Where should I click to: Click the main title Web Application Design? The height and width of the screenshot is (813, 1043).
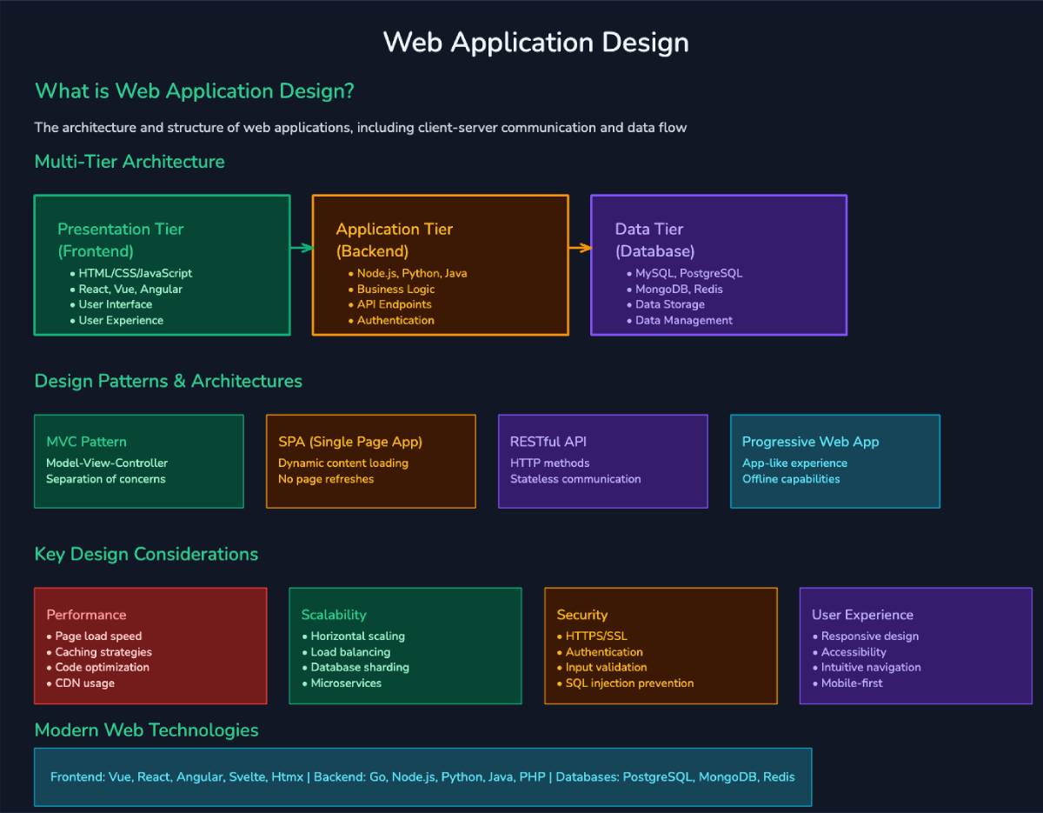(x=535, y=43)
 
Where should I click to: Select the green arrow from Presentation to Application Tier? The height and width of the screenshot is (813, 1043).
(x=301, y=248)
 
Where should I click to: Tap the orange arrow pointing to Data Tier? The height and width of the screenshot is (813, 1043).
(x=580, y=248)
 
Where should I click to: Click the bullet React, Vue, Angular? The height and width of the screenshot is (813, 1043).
(x=130, y=289)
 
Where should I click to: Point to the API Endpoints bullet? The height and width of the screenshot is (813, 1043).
(x=394, y=304)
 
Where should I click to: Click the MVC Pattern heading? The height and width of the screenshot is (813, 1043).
(x=86, y=442)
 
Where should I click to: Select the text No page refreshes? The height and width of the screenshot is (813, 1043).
(x=326, y=479)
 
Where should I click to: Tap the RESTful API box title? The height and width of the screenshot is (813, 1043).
(x=548, y=442)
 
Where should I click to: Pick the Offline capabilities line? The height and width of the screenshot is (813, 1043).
(x=791, y=479)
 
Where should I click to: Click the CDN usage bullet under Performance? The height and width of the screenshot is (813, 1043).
(x=84, y=683)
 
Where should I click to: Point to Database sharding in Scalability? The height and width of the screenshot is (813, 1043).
(x=360, y=668)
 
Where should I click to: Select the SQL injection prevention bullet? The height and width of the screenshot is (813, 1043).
(x=629, y=683)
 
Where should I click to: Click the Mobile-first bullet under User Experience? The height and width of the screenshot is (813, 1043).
(x=852, y=683)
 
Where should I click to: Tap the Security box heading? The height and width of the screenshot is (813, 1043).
(x=581, y=615)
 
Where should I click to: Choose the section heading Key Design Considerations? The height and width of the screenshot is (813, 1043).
(x=146, y=554)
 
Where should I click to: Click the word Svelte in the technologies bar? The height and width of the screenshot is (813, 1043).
(x=246, y=776)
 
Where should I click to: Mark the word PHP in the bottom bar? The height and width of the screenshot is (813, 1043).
(x=532, y=776)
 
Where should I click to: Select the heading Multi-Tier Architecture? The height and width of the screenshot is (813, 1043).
(x=130, y=162)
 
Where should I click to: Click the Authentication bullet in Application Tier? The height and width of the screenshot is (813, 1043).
(x=395, y=320)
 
